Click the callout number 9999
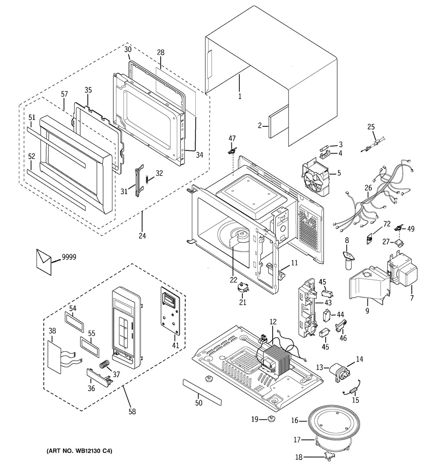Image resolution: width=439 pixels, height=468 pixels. click(x=69, y=257)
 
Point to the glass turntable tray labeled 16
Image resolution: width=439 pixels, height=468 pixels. click(x=334, y=423)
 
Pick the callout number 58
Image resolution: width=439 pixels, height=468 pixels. click(x=132, y=411)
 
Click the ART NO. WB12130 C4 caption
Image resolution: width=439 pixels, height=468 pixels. click(x=79, y=451)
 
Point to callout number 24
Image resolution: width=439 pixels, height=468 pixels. click(x=142, y=236)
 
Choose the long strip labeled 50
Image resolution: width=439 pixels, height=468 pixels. click(x=202, y=390)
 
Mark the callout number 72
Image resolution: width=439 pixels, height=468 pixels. click(x=387, y=224)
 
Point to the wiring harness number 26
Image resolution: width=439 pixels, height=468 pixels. click(x=368, y=188)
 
